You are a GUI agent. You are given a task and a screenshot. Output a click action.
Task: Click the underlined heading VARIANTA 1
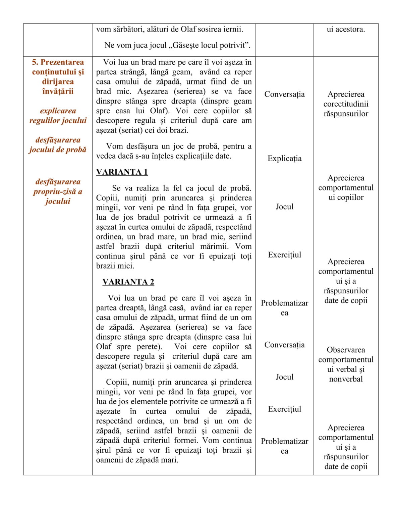coord(122,172)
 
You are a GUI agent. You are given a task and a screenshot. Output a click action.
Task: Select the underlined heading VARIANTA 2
coord(128,282)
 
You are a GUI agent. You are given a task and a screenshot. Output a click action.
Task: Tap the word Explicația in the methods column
coord(284,159)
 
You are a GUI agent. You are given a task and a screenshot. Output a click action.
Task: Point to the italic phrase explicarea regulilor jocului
coord(58,116)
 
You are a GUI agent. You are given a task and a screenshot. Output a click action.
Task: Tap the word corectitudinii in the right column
coord(346,104)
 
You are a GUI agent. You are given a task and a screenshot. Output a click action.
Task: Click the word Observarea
coord(346,350)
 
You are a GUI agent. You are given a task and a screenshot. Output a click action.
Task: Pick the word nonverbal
coord(346,379)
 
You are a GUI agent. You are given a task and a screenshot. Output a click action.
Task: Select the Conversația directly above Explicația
coord(284,94)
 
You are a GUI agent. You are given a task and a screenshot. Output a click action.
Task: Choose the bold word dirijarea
coord(58,81)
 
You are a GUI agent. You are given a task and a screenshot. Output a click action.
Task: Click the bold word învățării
coord(58,91)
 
